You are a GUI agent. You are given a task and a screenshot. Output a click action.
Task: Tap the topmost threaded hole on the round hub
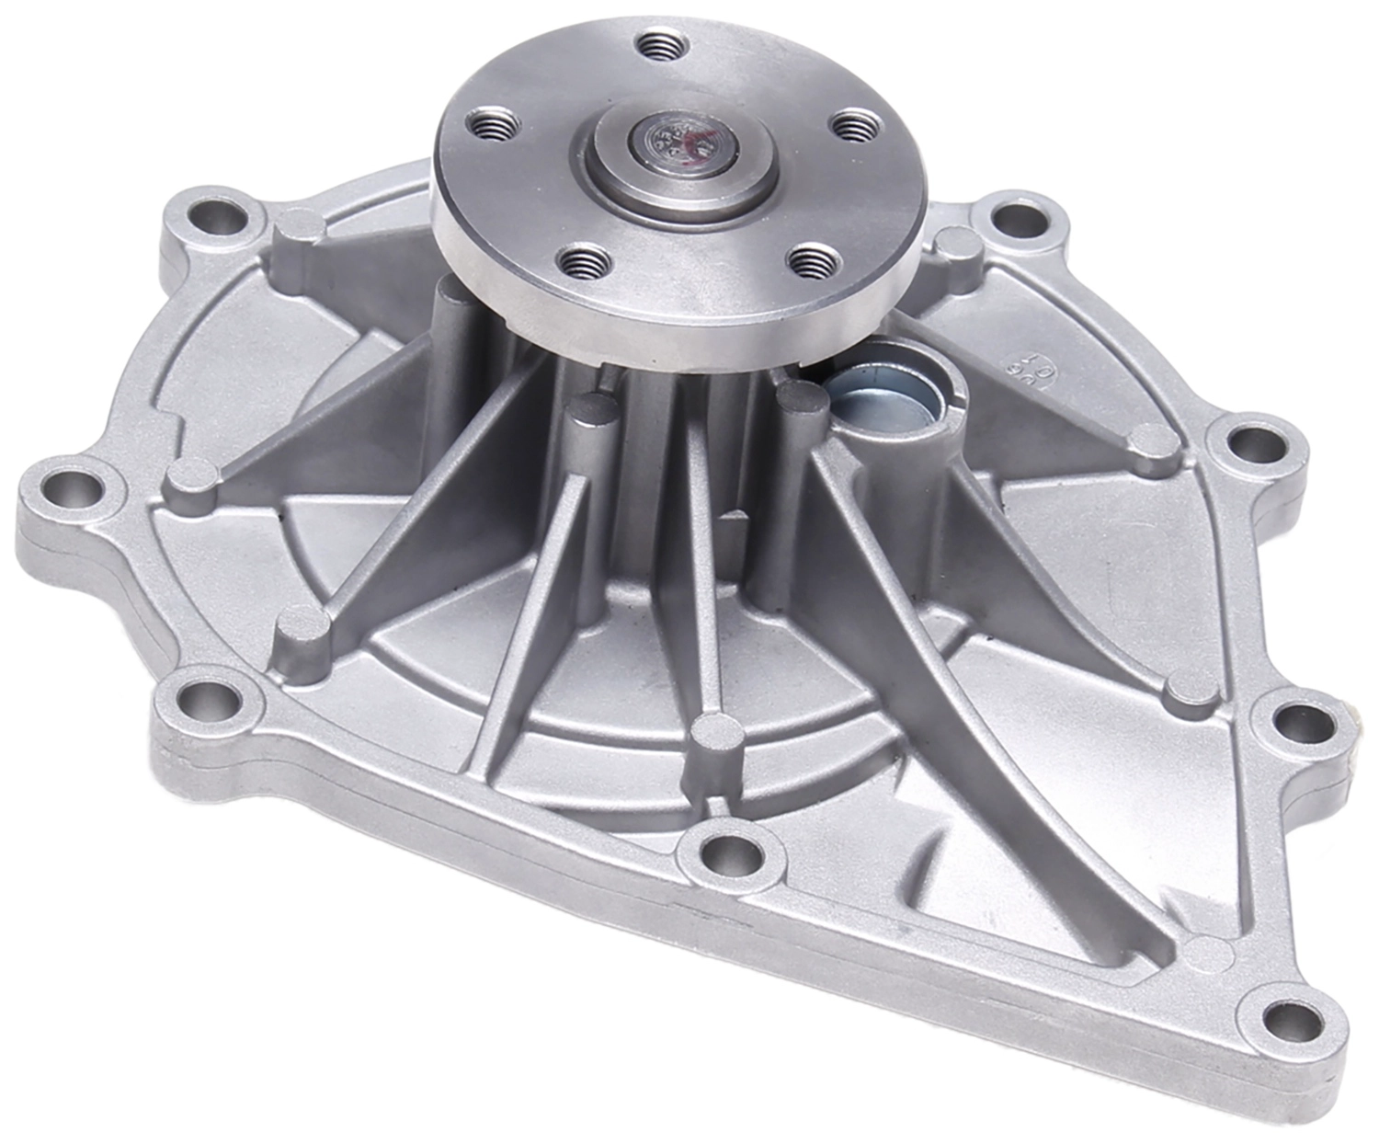pyautogui.click(x=656, y=43)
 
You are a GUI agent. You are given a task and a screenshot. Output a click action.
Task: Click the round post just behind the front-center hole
pyautogui.click(x=718, y=733)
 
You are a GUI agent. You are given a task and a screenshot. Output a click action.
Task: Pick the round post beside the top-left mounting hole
pyautogui.click(x=297, y=225)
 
